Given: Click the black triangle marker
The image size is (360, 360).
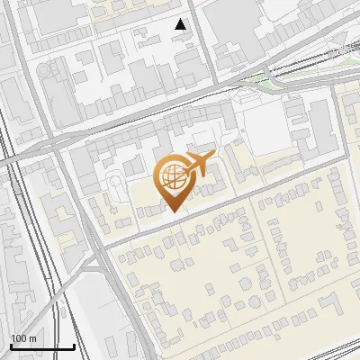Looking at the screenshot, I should click(181, 24).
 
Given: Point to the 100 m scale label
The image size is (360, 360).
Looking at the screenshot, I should click(23, 338).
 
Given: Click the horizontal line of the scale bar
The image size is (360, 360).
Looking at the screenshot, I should click(42, 346).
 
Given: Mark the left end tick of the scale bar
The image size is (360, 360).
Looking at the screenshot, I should click(11, 345).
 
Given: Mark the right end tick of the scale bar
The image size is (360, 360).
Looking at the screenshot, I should click(74, 345).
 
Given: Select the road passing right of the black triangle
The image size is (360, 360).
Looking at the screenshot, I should click(206, 36).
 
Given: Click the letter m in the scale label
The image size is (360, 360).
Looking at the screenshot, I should click(32, 338).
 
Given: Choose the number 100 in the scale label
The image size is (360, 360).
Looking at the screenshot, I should click(19, 338).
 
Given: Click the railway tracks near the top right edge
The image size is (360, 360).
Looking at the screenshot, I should click(333, 54).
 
